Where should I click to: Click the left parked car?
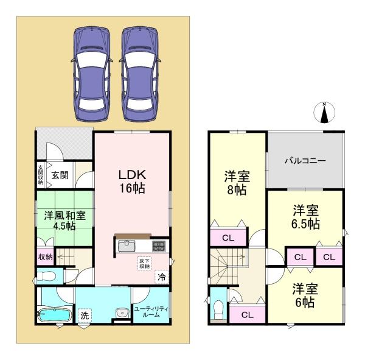point(92,74)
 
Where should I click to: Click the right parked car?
point(140,74)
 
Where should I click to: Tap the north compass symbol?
point(324,113)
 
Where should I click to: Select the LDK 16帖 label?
point(133,182)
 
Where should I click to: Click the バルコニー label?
point(305,161)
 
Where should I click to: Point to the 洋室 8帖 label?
point(237,183)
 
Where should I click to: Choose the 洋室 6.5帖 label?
point(305,217)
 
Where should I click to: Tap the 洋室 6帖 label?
point(305,295)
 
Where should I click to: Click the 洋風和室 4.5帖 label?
point(64,221)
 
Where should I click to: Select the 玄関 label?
point(60,175)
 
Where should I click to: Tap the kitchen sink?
point(127,246)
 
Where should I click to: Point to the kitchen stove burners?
point(159,246)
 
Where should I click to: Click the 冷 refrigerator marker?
point(162,277)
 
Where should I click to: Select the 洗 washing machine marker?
point(85,316)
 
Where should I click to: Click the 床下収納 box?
point(144,263)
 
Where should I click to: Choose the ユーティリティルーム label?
point(151,312)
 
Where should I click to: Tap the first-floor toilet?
point(46,277)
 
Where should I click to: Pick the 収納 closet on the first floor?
point(46,257)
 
